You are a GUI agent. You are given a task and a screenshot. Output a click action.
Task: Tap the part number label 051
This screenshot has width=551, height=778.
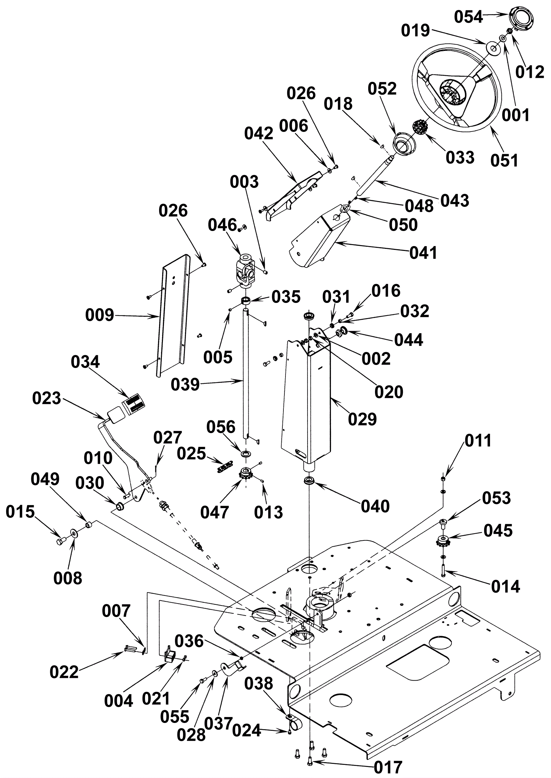tap(504, 160)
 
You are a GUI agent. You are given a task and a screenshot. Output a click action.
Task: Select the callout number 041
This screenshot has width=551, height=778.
tap(423, 253)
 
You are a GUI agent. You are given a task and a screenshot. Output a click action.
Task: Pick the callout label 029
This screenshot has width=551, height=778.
tap(362, 419)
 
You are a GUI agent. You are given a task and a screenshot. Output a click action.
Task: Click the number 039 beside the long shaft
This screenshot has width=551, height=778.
tap(185, 385)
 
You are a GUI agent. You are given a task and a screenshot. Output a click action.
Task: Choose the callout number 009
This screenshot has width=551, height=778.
tap(100, 315)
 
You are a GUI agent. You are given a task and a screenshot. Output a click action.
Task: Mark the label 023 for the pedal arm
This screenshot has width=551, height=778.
tap(46, 398)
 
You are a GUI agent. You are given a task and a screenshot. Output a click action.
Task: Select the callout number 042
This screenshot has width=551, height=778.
tap(259, 134)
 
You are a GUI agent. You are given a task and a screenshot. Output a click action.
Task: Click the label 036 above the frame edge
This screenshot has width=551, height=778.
tap(189, 641)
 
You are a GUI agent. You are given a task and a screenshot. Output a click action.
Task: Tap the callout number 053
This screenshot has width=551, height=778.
tap(496, 498)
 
